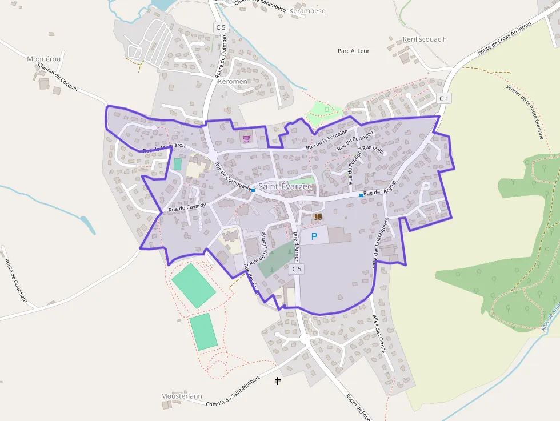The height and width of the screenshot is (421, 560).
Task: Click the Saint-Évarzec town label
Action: point(286,186)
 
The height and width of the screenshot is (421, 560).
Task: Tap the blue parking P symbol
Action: point(314,236)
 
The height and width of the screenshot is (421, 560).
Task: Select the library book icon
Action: point(317,216)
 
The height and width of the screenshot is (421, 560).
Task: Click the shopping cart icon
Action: point(247,138)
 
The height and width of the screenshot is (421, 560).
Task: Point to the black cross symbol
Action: point(278,380)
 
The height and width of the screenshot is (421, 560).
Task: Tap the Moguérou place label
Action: point(43,59)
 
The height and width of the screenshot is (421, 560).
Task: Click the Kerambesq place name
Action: point(307,11)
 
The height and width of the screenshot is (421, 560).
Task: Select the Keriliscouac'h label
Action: point(425,40)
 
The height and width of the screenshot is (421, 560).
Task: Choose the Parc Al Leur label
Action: point(354,51)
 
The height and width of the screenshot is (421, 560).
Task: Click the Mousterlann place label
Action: point(182,396)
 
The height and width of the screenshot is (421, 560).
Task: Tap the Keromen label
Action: point(233,82)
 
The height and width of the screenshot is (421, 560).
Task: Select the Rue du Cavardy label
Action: point(187,206)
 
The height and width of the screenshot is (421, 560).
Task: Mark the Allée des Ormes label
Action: point(379,334)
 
